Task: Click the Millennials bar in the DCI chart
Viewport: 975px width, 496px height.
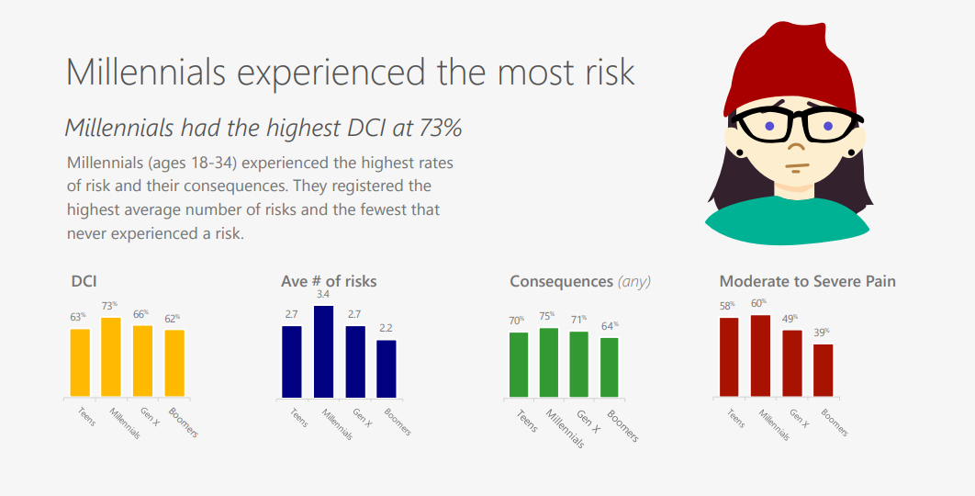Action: tap(111, 357)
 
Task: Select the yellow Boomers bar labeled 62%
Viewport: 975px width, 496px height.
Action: tap(174, 364)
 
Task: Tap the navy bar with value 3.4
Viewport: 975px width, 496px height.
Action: tap(323, 352)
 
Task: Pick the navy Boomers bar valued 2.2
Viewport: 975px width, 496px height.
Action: tap(387, 369)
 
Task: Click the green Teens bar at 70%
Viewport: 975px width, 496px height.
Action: tap(519, 365)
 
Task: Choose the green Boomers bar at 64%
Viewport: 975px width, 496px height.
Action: tap(610, 367)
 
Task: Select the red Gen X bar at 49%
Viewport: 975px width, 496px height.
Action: tap(792, 364)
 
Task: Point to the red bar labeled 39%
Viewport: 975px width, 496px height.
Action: tap(824, 370)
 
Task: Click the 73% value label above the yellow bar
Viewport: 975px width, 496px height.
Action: tap(110, 306)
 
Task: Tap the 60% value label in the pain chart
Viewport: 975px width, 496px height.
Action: tap(758, 304)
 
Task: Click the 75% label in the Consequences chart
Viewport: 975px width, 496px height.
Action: tap(547, 316)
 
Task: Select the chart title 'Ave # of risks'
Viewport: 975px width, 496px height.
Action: tap(329, 281)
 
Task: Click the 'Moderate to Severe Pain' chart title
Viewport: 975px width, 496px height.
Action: tap(807, 281)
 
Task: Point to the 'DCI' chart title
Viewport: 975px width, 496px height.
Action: tap(84, 281)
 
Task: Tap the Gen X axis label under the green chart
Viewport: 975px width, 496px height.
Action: tap(588, 422)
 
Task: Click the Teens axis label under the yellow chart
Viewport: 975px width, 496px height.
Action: tap(86, 416)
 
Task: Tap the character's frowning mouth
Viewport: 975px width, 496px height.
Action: tap(797, 166)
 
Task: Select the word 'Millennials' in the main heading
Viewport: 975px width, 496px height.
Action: tap(145, 72)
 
